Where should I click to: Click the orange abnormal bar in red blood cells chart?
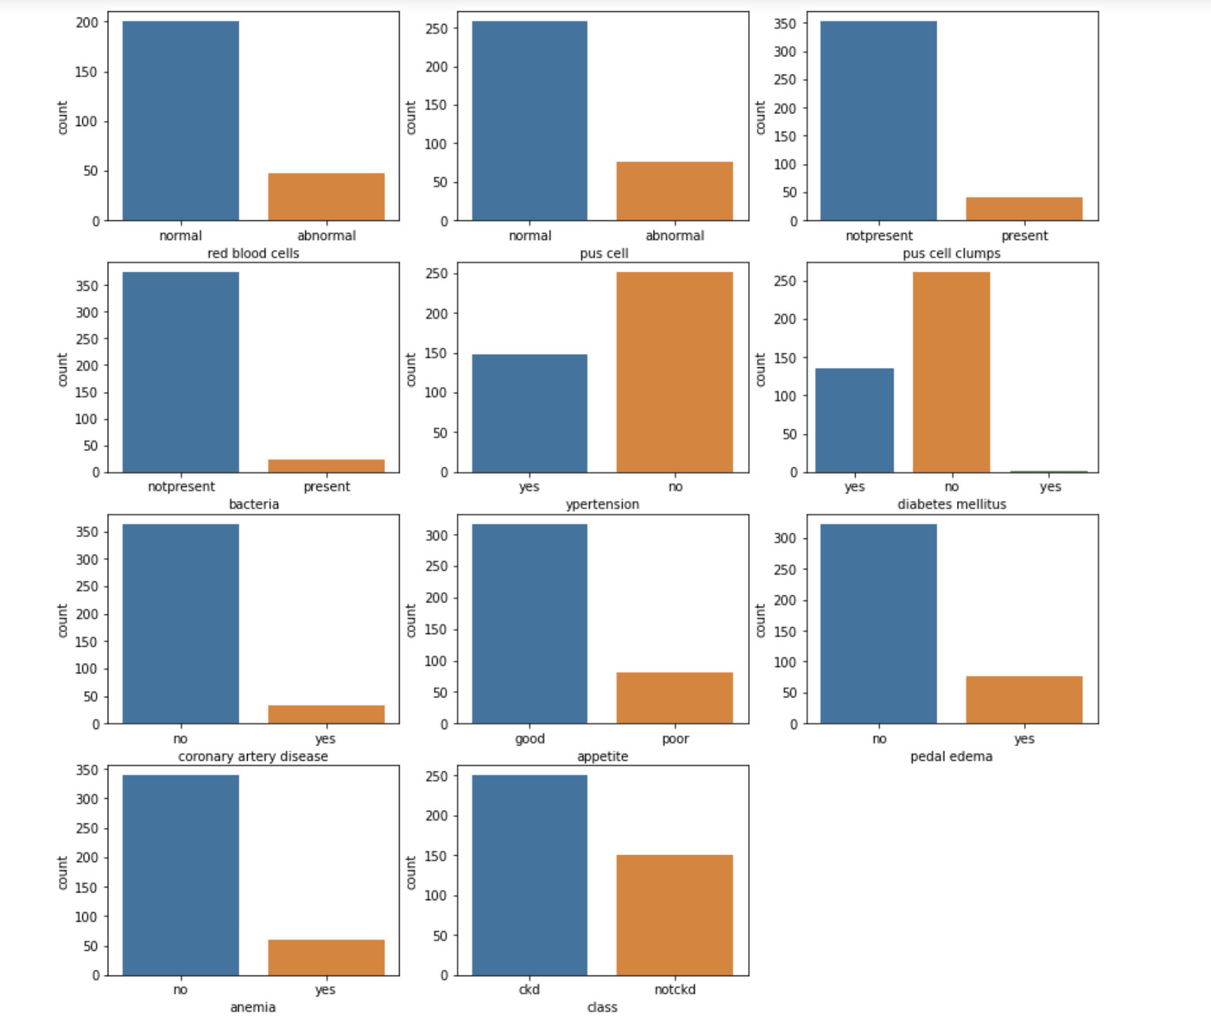coord(326,196)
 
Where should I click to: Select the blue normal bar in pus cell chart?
coord(529,120)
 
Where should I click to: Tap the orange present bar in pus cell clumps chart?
coord(1024,208)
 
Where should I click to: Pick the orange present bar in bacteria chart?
coord(326,465)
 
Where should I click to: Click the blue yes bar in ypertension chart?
coord(529,413)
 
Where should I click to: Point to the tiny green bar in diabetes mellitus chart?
coord(1049,472)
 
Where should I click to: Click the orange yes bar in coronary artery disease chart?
coord(326,714)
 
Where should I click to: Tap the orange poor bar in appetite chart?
coord(674,697)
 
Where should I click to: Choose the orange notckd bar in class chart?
coord(674,914)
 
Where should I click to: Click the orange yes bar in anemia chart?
coord(326,956)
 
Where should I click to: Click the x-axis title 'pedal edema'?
coord(951,757)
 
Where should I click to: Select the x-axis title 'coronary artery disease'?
coord(253,757)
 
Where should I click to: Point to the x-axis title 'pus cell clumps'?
coord(951,253)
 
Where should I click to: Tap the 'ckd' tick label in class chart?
coord(529,990)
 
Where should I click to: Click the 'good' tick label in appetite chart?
coord(529,738)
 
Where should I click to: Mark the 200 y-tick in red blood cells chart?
coord(87,23)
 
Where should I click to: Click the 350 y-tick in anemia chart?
coord(87,770)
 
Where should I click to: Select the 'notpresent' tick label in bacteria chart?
coord(181,486)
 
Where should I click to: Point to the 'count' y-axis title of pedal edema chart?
coord(760,620)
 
